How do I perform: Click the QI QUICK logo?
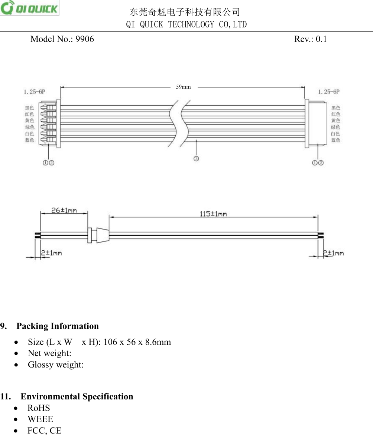click(30, 8)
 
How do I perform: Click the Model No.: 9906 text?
click(62, 39)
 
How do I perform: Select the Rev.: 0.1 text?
click(310, 39)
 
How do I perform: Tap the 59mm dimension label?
click(183, 87)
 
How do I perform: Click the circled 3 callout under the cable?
click(196, 158)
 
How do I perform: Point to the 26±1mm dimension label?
click(64, 210)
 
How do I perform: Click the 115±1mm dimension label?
click(213, 214)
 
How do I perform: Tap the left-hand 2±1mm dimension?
click(51, 253)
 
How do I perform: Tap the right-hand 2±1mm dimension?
click(333, 253)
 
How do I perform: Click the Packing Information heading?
click(58, 326)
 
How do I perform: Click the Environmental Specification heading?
click(77, 396)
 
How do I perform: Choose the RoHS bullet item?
click(39, 408)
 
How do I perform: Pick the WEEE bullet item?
click(40, 419)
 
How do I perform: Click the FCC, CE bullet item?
click(44, 431)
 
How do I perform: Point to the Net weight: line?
click(49, 353)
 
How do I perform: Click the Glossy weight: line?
click(56, 365)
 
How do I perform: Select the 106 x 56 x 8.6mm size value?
click(137, 342)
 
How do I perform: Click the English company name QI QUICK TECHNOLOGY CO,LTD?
click(186, 24)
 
